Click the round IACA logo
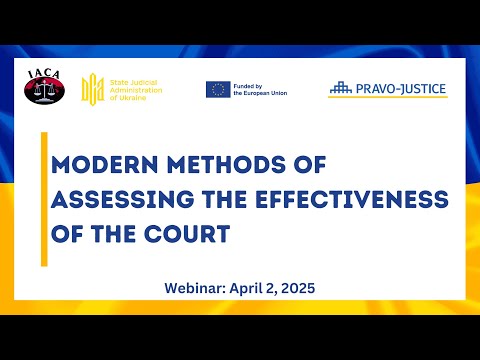(x=44, y=86)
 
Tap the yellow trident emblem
(x=92, y=88)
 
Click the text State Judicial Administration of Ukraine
(x=134, y=88)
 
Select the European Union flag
(x=218, y=89)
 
